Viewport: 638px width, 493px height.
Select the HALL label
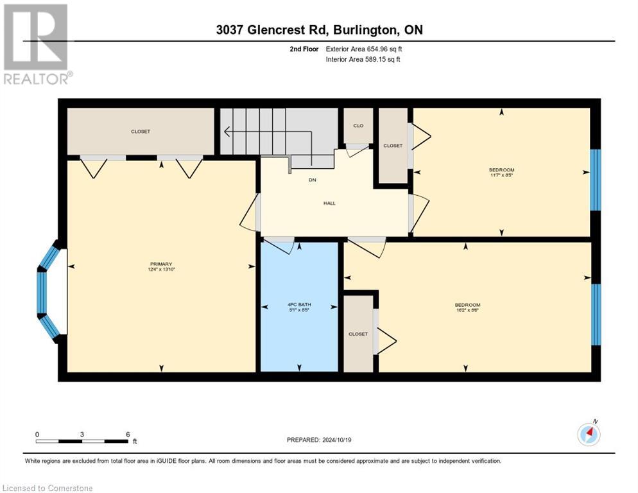[329, 203]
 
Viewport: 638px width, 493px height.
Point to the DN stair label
[313, 180]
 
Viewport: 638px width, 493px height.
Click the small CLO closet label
[358, 126]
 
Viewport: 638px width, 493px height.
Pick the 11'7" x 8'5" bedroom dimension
[501, 174]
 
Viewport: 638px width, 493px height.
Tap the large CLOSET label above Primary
[141, 132]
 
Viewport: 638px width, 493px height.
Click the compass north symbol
[589, 435]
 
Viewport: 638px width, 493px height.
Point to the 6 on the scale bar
[128, 434]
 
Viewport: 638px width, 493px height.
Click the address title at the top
[319, 30]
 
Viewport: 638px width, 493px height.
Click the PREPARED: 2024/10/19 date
[319, 440]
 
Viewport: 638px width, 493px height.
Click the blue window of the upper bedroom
[595, 180]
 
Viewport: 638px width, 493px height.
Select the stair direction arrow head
[227, 132]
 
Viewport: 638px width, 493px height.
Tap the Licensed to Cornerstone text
[48, 489]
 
